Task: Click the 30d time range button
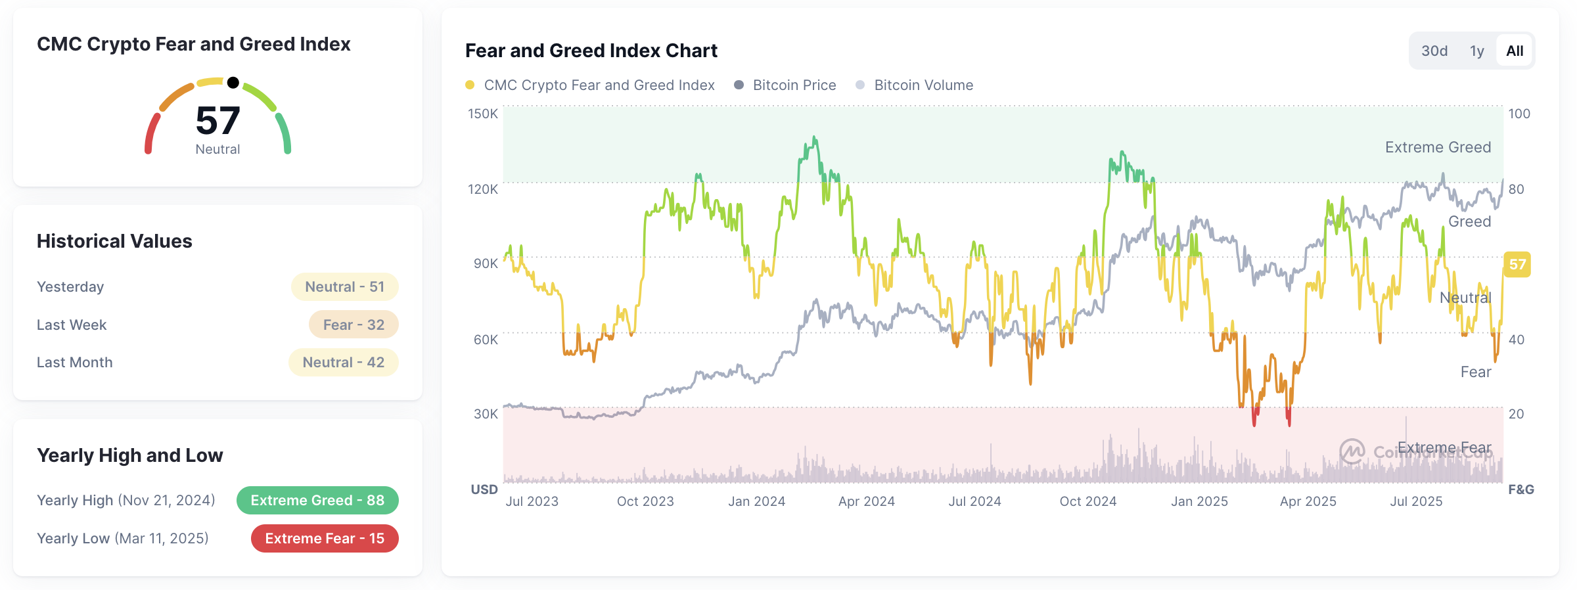(1434, 51)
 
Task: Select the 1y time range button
(1477, 51)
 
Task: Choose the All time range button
(1515, 51)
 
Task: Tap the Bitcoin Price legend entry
(794, 85)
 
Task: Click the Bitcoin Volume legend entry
(923, 85)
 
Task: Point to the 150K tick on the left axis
(483, 114)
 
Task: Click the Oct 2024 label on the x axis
(1088, 501)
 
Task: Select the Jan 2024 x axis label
(757, 501)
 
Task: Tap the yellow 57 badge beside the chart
(1517, 264)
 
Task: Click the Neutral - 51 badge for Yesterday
(345, 286)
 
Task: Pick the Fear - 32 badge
(354, 325)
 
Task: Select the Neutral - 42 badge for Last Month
(344, 362)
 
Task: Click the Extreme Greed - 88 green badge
(317, 500)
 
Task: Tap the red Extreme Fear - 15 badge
(325, 538)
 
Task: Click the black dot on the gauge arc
(233, 83)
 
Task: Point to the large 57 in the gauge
(218, 121)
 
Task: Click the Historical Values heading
(114, 241)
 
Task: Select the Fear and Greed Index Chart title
(591, 51)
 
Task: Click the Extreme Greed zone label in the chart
(1438, 147)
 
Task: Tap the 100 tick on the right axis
(1519, 114)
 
